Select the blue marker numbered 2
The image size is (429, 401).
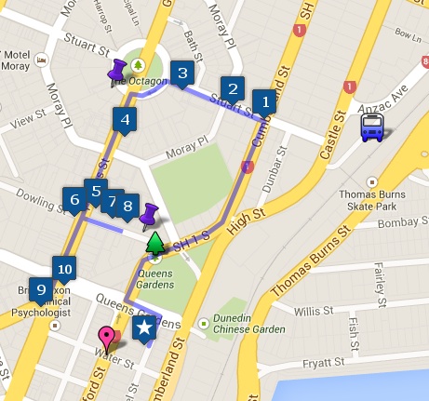click(x=234, y=89)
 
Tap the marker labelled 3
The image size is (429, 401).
click(x=182, y=73)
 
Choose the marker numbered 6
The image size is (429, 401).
click(x=74, y=199)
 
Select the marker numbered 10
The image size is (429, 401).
click(x=64, y=269)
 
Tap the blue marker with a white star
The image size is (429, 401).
click(x=143, y=327)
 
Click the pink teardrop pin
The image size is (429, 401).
click(x=106, y=338)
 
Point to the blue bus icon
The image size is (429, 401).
click(x=373, y=127)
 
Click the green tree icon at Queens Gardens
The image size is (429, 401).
click(x=154, y=245)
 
